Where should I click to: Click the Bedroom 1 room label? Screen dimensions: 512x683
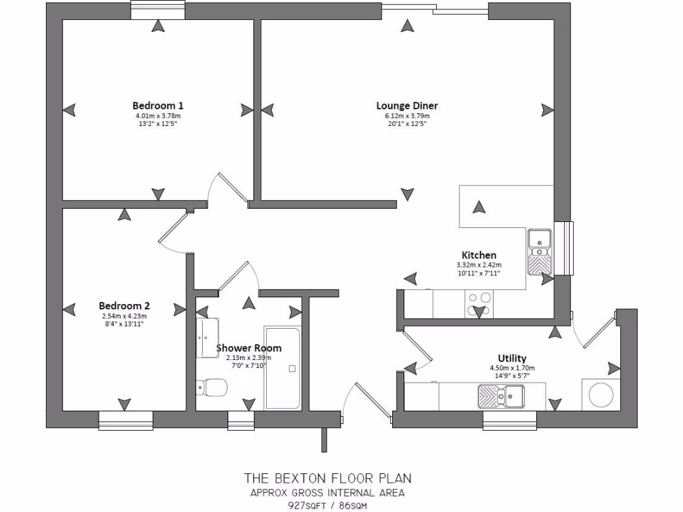pyautogui.click(x=157, y=105)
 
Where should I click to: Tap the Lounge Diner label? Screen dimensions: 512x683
pyautogui.click(x=407, y=105)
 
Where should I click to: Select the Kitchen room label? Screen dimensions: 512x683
pyautogui.click(x=479, y=255)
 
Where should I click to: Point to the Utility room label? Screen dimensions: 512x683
pyautogui.click(x=512, y=358)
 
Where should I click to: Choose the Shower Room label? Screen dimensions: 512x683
pyautogui.click(x=249, y=348)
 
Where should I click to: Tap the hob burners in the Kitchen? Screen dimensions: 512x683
pyautogui.click(x=480, y=304)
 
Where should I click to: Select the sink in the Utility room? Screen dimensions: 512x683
pyautogui.click(x=501, y=397)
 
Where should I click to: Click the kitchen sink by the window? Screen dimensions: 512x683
pyautogui.click(x=539, y=253)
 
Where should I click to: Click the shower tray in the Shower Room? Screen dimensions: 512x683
pyautogui.click(x=283, y=367)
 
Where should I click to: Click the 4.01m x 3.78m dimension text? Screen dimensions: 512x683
pyautogui.click(x=157, y=116)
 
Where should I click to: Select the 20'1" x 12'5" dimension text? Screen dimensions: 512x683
pyautogui.click(x=407, y=124)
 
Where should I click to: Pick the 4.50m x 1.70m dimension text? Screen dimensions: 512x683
pyautogui.click(x=512, y=368)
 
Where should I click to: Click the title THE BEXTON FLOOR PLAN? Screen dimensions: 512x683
pyautogui.click(x=327, y=478)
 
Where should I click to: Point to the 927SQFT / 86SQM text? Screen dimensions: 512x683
pyautogui.click(x=327, y=505)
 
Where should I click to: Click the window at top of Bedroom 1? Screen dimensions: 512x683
pyautogui.click(x=157, y=10)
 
